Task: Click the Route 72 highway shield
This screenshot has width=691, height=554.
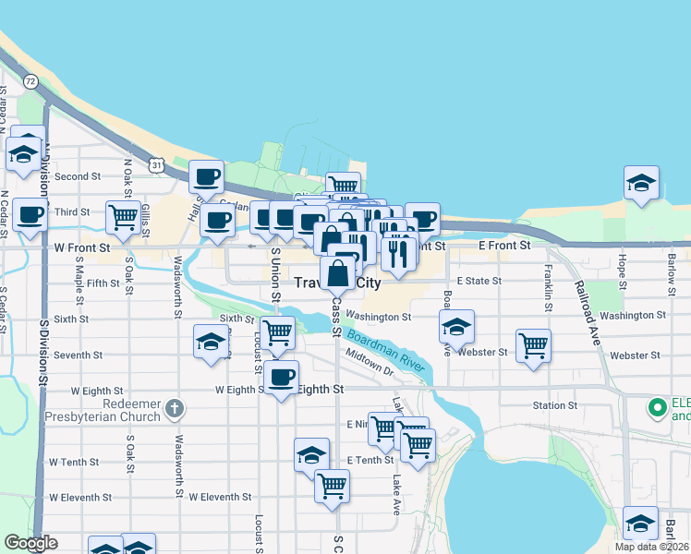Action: tap(31, 82)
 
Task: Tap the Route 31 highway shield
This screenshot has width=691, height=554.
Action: tap(157, 165)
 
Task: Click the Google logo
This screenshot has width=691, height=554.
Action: tap(30, 543)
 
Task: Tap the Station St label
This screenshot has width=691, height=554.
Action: tap(554, 405)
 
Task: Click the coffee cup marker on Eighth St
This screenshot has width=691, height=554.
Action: tap(281, 377)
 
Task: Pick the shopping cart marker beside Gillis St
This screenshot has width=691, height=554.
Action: tap(123, 217)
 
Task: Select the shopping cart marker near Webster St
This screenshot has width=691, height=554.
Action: tap(533, 346)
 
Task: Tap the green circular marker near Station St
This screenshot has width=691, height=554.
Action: tap(657, 405)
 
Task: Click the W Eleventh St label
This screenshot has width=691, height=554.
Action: tap(220, 497)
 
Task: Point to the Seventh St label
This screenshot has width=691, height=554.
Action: tap(79, 355)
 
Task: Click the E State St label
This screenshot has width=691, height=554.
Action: tap(478, 281)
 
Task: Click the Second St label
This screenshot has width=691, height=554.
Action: tap(78, 176)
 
